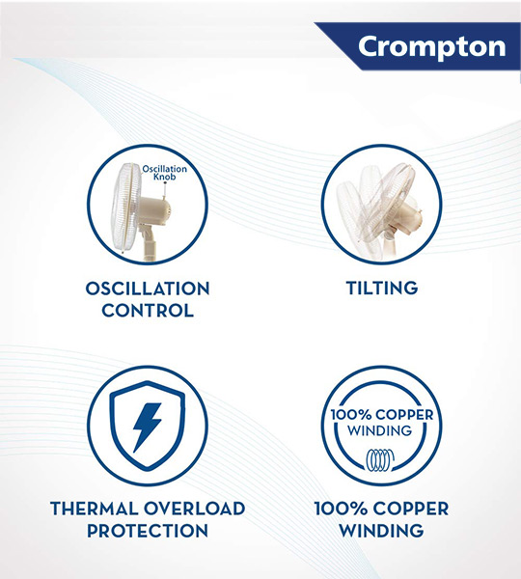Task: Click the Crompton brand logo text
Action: pos(431,47)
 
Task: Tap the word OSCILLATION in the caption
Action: pos(148,289)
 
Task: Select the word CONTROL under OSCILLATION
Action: pos(148,311)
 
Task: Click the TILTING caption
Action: pos(382,288)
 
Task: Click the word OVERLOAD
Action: pos(194,509)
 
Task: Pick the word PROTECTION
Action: pos(148,530)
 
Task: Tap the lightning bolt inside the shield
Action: pos(147,427)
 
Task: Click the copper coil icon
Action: pos(380,460)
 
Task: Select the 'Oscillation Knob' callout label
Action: pos(165,173)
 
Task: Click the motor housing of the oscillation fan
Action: pos(155,209)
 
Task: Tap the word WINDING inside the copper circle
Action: pos(379,430)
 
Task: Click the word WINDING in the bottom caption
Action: pos(381,530)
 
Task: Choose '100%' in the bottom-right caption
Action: pos(341,509)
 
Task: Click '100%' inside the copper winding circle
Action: pos(350,414)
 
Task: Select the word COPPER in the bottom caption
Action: pos(411,509)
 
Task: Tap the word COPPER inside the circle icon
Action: pos(404,414)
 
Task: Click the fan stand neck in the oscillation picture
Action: pos(150,243)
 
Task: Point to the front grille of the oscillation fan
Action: pos(123,207)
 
